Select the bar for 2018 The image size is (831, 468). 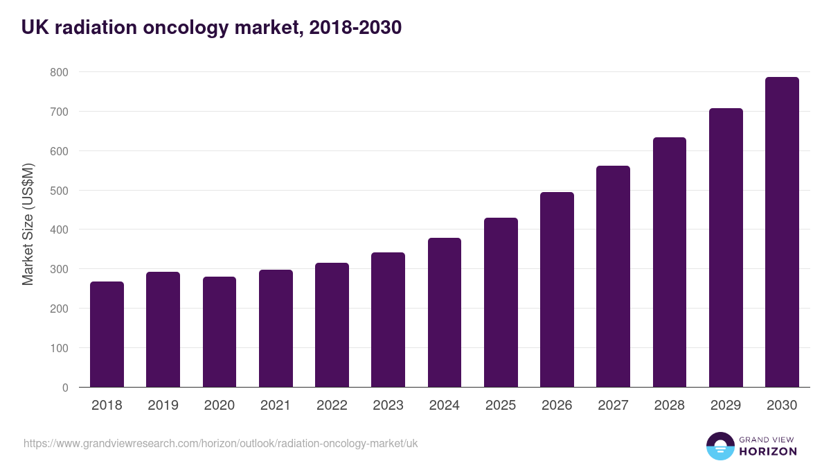click(107, 334)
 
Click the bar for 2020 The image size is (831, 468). click(220, 332)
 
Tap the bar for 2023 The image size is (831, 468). click(388, 320)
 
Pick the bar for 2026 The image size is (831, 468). click(557, 290)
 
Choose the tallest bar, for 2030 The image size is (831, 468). click(782, 232)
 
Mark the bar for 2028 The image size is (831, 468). click(669, 262)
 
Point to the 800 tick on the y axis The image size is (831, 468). click(59, 72)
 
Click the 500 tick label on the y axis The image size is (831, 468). click(59, 191)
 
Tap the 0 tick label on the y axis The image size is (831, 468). click(65, 388)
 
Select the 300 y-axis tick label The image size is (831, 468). click(59, 269)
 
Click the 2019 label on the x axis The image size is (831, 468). click(163, 406)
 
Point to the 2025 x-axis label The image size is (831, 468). click(501, 406)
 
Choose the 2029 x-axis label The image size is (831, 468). click(726, 406)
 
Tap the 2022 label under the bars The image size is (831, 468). click(332, 406)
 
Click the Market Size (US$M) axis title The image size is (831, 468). click(28, 225)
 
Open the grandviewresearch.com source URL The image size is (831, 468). click(221, 443)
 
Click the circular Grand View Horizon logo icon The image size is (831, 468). click(720, 446)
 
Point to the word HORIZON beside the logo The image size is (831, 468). click(768, 451)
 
